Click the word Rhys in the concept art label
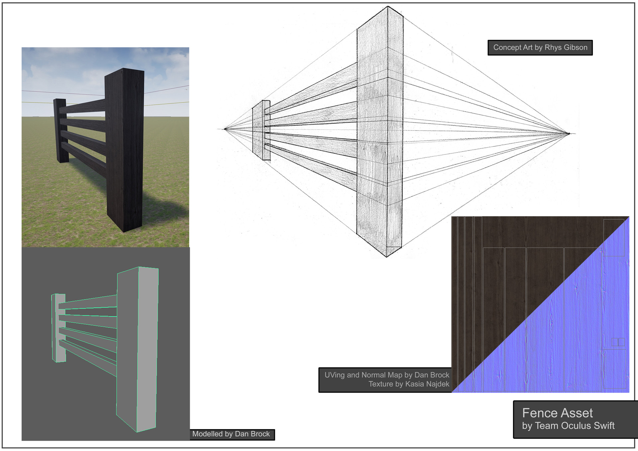[552, 47]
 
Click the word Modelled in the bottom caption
[207, 434]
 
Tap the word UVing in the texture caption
[335, 375]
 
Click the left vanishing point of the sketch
[225, 129]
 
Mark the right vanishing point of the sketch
[569, 134]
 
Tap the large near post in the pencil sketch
[379, 133]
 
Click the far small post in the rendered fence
[61, 131]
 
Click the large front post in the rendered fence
[125, 149]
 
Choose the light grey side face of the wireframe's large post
[147, 349]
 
